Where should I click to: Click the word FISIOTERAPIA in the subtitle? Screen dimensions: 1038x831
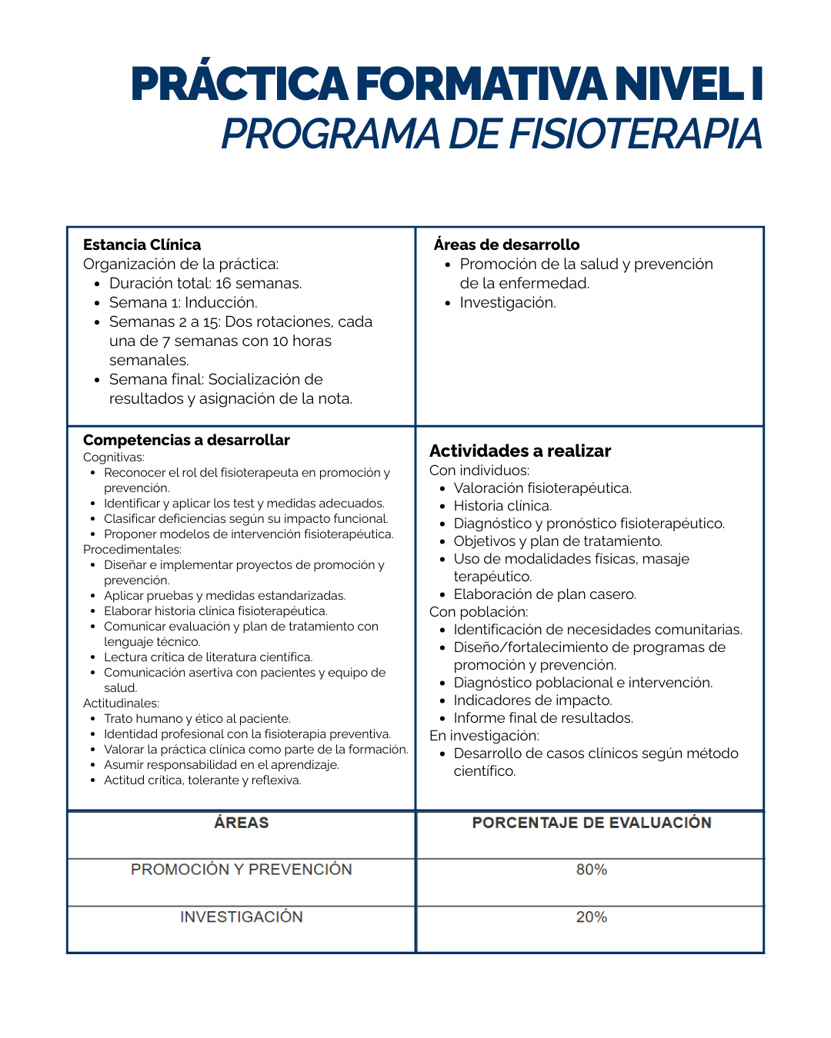coord(636,135)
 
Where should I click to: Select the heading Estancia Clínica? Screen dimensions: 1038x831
coord(142,245)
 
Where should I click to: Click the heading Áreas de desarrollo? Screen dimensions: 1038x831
coord(506,245)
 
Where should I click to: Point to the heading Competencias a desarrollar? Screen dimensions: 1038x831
coord(186,440)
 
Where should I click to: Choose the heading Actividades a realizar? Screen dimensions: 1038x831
coord(520,451)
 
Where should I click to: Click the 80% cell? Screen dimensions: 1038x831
coord(591,870)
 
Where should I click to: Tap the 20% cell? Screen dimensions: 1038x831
coord(591,917)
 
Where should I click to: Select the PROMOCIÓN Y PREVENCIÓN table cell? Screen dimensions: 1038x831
coord(241,870)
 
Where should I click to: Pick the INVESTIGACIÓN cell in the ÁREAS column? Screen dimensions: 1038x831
coord(241,917)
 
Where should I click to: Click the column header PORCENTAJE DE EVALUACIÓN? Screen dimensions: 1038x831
coord(591,823)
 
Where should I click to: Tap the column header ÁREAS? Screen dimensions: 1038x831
coord(241,823)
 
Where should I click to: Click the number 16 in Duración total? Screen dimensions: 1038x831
coord(223,284)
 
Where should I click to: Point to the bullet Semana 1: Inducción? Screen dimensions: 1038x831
coord(183,303)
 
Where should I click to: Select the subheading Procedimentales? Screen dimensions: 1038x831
coord(132,550)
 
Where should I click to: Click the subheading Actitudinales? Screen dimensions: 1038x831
coord(121,704)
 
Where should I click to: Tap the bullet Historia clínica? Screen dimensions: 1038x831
coord(502,506)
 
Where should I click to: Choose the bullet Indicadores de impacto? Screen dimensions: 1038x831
coord(532,700)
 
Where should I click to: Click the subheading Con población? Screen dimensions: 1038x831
coord(479,612)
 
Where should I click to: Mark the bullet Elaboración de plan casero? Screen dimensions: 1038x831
coord(545,594)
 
